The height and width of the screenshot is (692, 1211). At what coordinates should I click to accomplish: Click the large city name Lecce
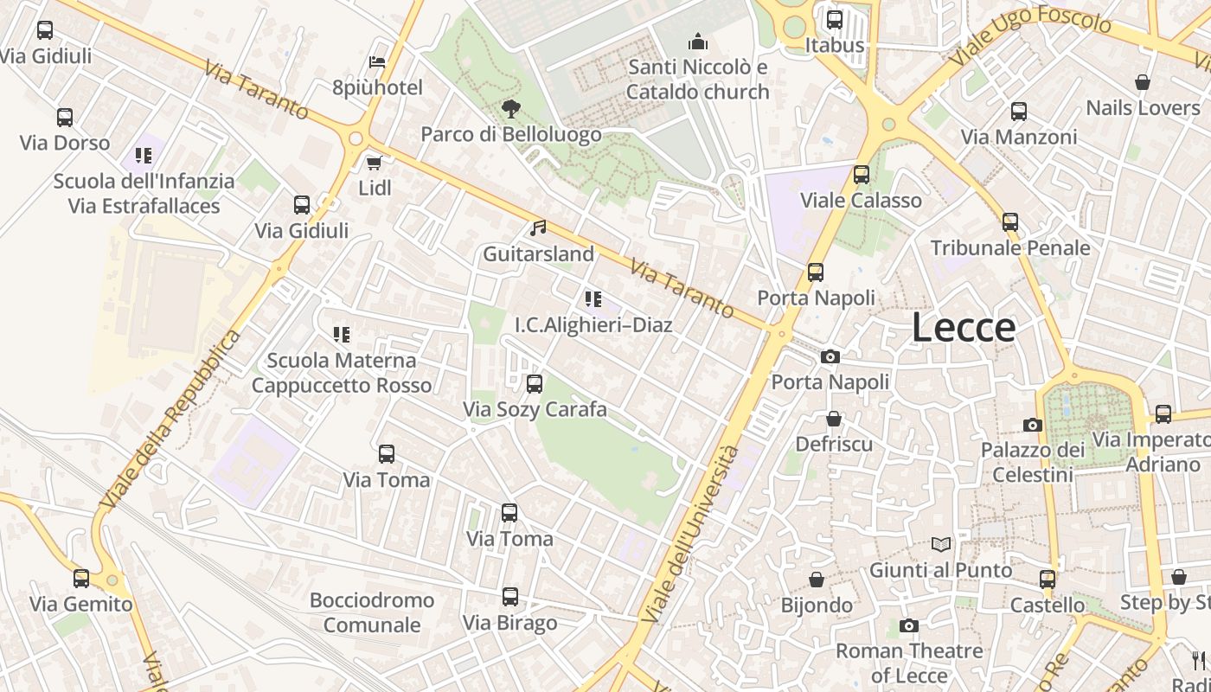(964, 328)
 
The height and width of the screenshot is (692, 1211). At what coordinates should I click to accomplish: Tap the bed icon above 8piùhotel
(377, 62)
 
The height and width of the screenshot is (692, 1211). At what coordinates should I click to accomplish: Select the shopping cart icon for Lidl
(375, 163)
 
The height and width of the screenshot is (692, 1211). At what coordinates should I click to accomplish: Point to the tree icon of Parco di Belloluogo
(511, 109)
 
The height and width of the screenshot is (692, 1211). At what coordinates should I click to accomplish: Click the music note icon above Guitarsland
(538, 228)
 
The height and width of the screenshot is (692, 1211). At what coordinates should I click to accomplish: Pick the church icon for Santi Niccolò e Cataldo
(697, 42)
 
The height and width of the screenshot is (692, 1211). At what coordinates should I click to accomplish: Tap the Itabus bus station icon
(835, 20)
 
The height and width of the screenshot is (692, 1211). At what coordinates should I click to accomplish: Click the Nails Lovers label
(1143, 108)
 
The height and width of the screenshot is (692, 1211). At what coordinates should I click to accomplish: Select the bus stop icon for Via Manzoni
(1019, 112)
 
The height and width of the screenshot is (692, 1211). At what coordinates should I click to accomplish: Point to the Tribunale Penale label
(1009, 248)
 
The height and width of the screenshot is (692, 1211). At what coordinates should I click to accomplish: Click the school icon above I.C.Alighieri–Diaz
(593, 299)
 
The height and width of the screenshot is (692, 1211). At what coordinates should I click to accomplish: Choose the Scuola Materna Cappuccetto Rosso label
(342, 373)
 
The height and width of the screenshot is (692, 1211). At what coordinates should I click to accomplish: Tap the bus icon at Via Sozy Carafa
(535, 384)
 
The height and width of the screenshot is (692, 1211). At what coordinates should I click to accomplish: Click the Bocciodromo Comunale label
(372, 612)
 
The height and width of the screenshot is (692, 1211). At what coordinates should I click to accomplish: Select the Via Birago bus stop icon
(510, 597)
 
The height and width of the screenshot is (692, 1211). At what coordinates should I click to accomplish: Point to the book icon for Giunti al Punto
(941, 545)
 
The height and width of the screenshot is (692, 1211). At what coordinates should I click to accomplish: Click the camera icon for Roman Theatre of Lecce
(908, 625)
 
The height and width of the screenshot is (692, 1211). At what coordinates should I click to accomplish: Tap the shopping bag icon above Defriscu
(834, 420)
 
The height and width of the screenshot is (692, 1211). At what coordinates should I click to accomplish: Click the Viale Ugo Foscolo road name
(1029, 39)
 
